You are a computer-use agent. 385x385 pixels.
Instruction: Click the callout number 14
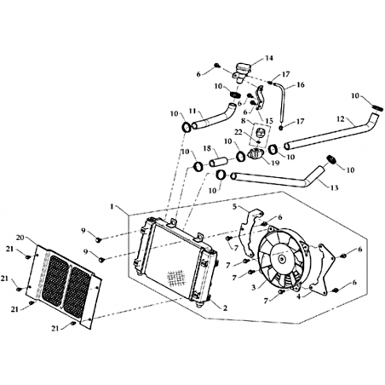tap(268, 58)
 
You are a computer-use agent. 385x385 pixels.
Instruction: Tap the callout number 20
tap(20, 238)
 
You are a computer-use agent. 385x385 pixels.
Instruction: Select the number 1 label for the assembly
tap(112, 206)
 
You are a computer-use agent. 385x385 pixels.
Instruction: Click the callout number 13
tap(335, 187)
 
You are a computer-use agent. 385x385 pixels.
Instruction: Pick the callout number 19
tap(275, 163)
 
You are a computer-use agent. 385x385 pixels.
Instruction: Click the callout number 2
tap(225, 307)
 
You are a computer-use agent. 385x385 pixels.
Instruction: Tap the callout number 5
tap(234, 206)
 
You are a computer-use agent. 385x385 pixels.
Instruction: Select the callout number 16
tap(300, 84)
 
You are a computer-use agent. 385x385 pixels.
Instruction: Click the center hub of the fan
tap(281, 259)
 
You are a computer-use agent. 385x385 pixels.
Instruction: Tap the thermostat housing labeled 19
tap(255, 153)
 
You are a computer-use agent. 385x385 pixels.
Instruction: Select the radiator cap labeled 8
tap(261, 132)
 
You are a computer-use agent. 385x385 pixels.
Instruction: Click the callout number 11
tap(193, 111)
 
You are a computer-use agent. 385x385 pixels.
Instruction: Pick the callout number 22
tap(238, 132)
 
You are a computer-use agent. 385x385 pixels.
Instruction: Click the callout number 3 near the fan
tap(254, 287)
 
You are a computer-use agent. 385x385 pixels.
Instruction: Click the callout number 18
tap(208, 148)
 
